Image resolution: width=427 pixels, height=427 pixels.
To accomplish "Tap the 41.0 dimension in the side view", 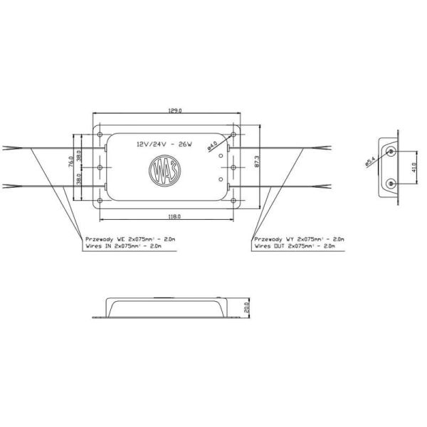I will tap(416, 169).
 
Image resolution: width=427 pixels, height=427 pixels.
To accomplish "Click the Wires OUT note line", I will tap(293, 246).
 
